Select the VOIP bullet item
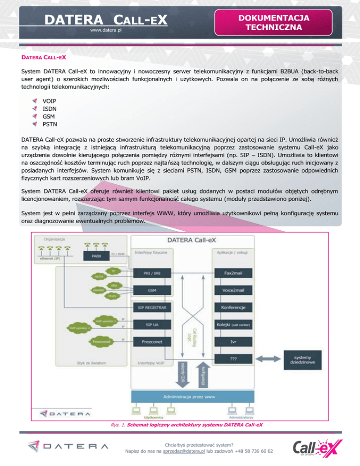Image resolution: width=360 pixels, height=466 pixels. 49,101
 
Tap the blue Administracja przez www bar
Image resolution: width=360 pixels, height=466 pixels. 189,397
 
